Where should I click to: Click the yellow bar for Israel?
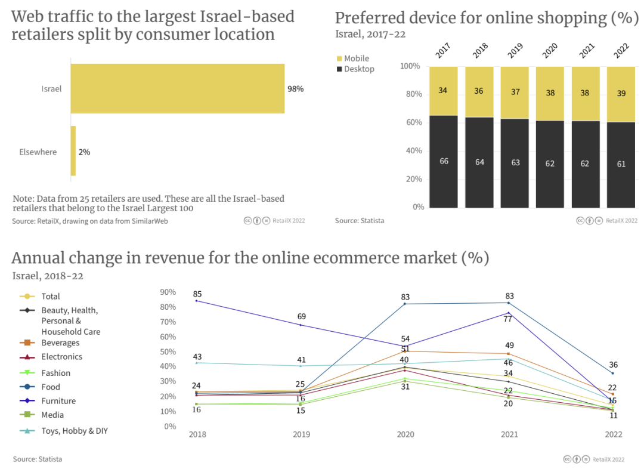click(x=178, y=88)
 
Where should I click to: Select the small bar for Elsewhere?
click(x=73, y=151)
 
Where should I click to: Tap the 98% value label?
click(x=295, y=89)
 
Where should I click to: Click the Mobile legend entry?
click(x=356, y=58)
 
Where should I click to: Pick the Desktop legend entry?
click(x=358, y=69)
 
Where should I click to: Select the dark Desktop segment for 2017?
click(x=444, y=162)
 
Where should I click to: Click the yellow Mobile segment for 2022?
click(x=621, y=94)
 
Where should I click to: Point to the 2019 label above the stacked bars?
click(x=515, y=51)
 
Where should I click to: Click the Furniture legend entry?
click(x=58, y=401)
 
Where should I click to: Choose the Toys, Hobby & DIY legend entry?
click(x=74, y=430)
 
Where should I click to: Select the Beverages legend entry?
click(x=60, y=343)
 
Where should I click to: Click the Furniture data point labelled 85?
click(x=197, y=301)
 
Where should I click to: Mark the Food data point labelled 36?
click(x=612, y=374)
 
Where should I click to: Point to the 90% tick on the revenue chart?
click(x=169, y=292)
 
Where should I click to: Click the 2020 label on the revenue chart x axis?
click(x=405, y=434)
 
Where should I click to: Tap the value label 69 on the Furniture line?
click(x=301, y=316)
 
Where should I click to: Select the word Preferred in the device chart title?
click(x=371, y=18)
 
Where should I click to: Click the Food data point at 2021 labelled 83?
click(x=509, y=303)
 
